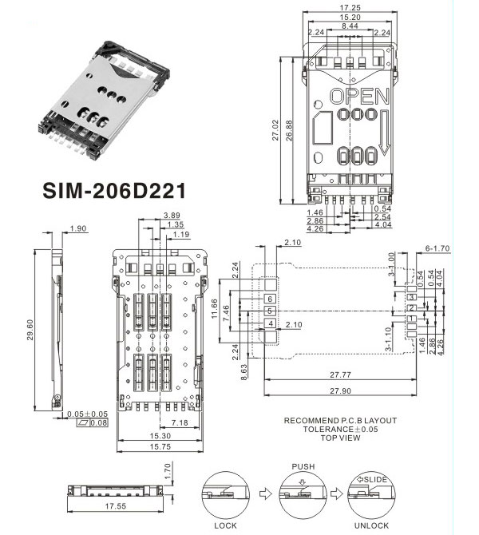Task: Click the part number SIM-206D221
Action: [113, 192]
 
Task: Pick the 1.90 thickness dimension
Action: [78, 230]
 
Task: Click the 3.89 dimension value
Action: [170, 216]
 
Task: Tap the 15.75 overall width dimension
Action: [162, 447]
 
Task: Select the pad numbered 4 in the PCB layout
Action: [271, 323]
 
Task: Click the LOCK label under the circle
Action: [227, 525]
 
